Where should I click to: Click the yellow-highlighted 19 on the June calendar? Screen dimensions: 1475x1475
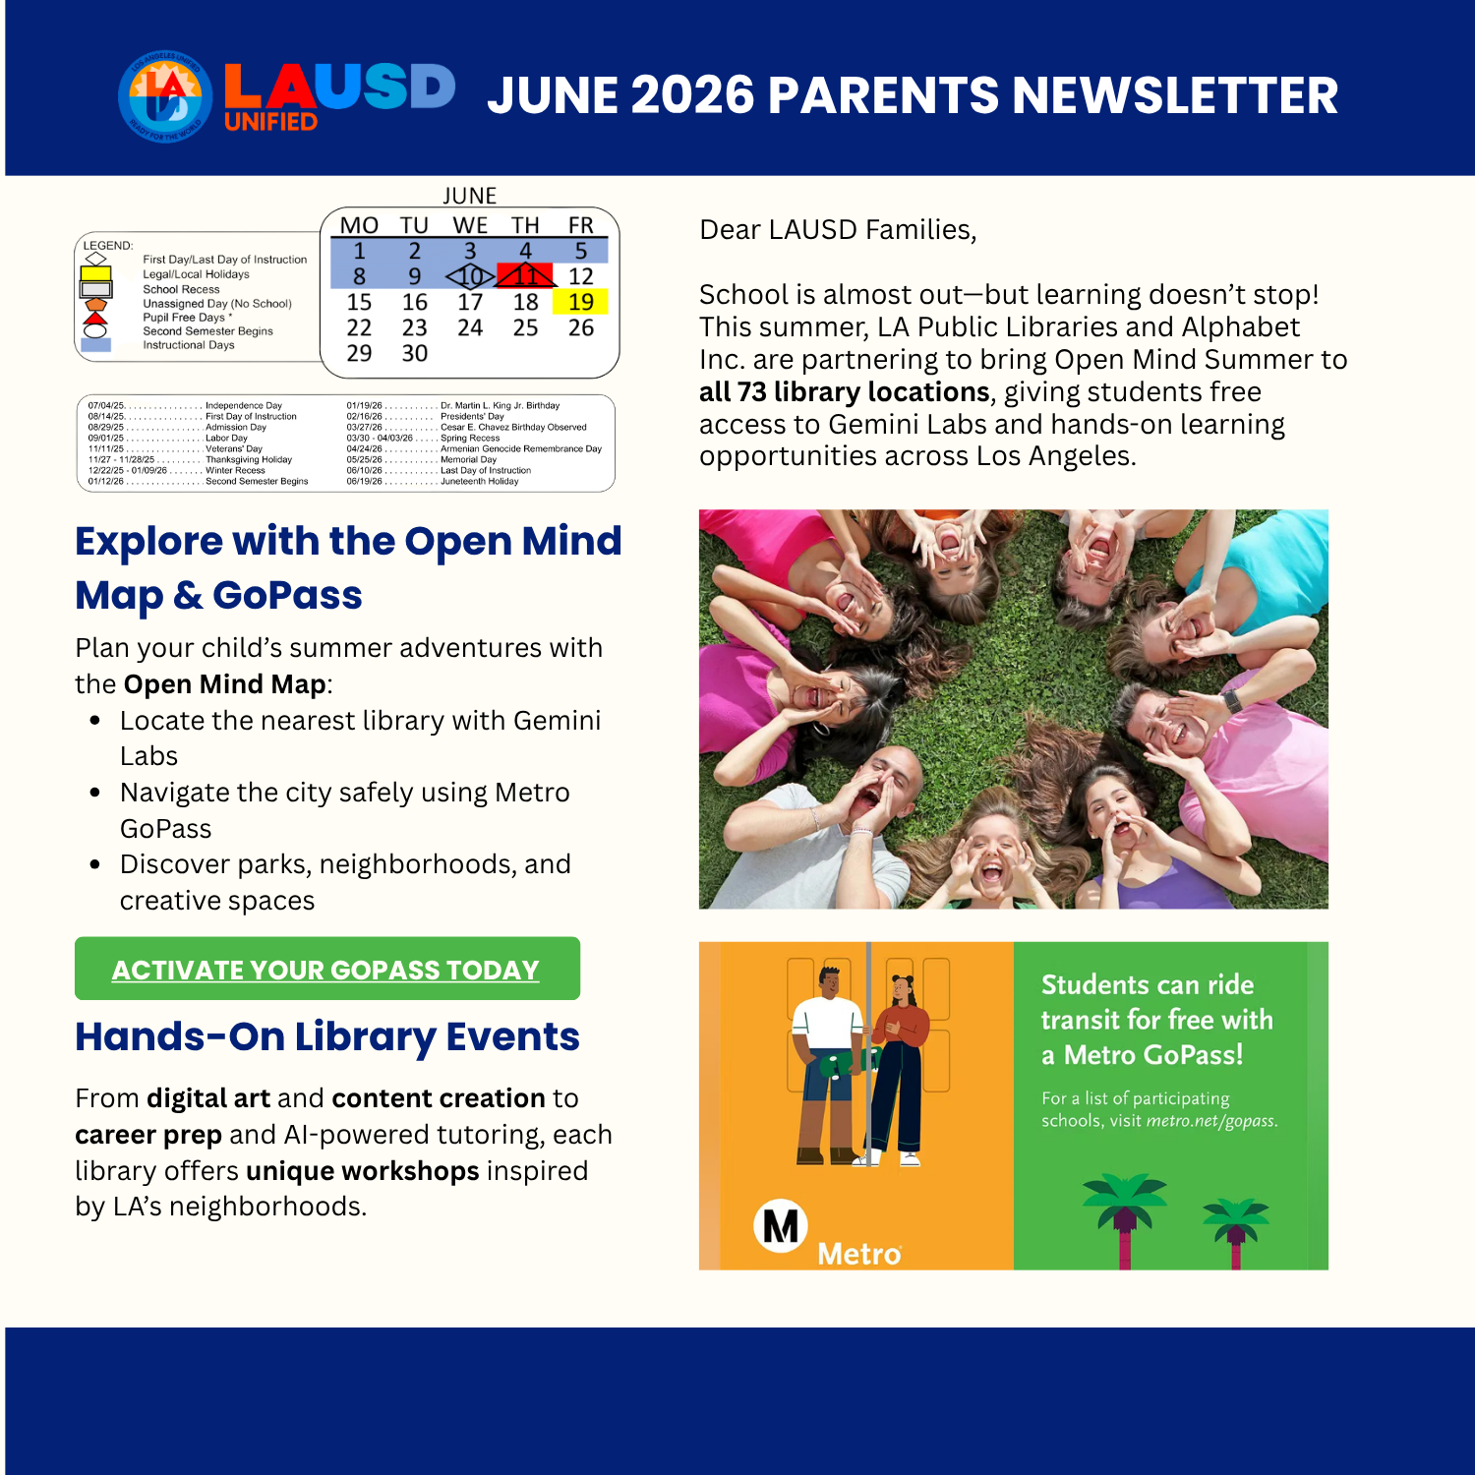coord(580,302)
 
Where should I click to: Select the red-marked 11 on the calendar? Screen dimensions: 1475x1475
coord(526,276)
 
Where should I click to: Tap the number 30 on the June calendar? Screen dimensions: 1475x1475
coord(415,353)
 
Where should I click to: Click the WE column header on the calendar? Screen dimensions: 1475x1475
coord(470,225)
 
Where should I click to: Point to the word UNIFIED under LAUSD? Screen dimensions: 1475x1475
coord(270,122)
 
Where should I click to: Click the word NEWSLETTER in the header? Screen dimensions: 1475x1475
coord(1175,96)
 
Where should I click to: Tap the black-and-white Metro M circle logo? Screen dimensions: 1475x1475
coord(781,1226)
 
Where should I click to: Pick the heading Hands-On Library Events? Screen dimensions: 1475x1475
coord(327,1036)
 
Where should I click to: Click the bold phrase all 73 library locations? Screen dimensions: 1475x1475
coord(844,392)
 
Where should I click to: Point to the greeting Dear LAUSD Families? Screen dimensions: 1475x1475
coord(838,230)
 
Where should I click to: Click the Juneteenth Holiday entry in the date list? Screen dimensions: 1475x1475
coord(479,482)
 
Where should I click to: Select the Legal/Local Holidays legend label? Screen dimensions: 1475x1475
coord(196,274)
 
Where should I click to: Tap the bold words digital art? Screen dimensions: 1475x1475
coord(208,1098)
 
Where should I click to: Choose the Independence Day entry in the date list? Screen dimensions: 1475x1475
coord(243,405)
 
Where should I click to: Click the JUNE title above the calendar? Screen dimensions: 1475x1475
coord(469,196)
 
